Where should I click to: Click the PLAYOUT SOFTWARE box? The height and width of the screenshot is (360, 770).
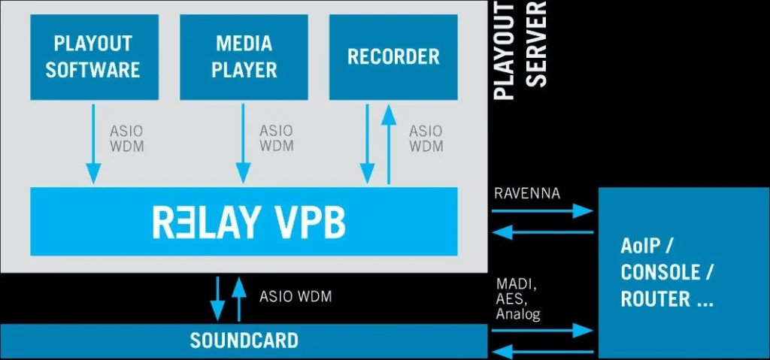click(x=93, y=57)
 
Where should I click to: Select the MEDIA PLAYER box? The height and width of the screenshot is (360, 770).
click(x=244, y=57)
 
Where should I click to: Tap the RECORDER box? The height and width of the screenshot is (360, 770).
click(x=393, y=57)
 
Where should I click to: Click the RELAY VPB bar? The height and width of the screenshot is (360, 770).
click(x=244, y=222)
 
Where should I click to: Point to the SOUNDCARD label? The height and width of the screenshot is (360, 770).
click(x=244, y=340)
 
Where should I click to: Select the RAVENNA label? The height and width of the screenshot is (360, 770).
click(x=527, y=193)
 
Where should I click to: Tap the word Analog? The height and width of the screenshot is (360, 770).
click(x=518, y=314)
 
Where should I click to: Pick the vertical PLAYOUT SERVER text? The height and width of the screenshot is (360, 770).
click(x=518, y=51)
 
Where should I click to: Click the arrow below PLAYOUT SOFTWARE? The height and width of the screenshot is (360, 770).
click(x=93, y=144)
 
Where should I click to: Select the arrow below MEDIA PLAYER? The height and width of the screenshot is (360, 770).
click(x=244, y=144)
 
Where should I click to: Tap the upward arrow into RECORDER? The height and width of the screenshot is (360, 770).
click(x=388, y=144)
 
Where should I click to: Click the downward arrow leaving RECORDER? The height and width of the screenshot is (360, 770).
click(x=367, y=144)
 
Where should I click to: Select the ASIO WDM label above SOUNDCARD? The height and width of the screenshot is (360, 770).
click(x=295, y=297)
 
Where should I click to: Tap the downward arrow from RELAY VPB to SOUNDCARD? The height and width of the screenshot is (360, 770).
click(x=217, y=298)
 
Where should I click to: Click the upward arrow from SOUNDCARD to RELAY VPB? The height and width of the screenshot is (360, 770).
click(x=238, y=298)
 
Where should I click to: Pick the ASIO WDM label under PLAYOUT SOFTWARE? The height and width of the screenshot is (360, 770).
click(x=126, y=138)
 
